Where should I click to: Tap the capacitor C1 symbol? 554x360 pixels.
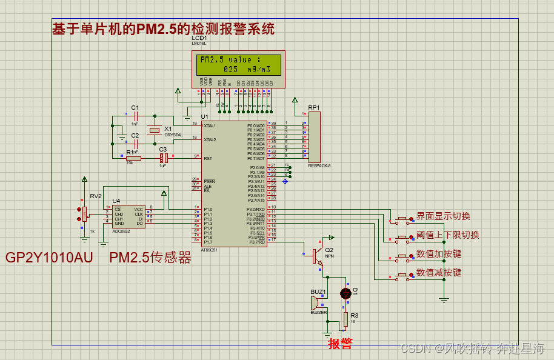click(136, 115)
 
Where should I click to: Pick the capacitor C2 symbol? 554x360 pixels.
click(136, 144)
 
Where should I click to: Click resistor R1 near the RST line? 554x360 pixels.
click(133, 158)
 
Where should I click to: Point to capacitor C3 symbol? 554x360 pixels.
click(162, 158)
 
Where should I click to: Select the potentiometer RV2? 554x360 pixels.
click(84, 213)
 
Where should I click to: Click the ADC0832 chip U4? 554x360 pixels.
click(128, 216)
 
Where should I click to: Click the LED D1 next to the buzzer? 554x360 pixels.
click(345, 293)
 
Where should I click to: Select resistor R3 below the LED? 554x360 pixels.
click(345, 319)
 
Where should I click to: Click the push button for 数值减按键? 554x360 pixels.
click(401, 276)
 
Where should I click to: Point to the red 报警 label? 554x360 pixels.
click(340, 344)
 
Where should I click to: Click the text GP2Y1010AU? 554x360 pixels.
click(49, 258)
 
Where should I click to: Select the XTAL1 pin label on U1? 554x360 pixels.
click(210, 125)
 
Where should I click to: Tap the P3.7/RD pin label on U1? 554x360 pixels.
click(257, 242)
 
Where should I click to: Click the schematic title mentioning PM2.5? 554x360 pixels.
click(164, 28)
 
